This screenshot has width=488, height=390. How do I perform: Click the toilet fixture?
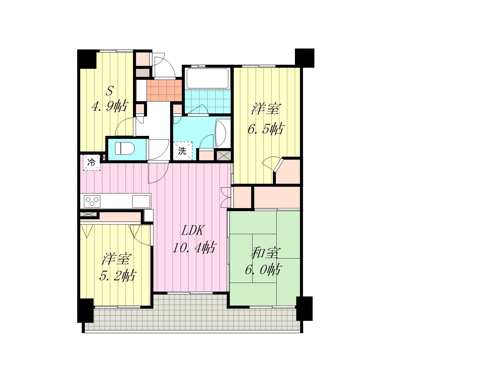[125, 148]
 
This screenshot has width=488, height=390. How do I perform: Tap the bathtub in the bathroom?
[207, 78]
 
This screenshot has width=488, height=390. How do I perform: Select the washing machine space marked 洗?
[183, 151]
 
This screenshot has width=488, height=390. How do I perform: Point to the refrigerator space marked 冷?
[91, 162]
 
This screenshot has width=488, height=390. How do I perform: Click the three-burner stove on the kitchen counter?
[92, 201]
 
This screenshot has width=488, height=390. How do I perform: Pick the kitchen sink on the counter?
[141, 201]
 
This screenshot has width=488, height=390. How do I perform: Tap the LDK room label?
[193, 231]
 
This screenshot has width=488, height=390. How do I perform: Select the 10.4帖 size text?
[194, 248]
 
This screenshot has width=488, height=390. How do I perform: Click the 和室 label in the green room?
[266, 253]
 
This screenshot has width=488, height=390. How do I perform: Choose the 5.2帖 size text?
[118, 276]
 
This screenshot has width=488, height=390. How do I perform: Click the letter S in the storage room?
[109, 91]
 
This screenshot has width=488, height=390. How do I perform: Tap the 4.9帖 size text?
[110, 106]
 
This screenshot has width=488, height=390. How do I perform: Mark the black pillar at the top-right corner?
[305, 58]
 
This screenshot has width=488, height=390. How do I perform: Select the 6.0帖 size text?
[263, 270]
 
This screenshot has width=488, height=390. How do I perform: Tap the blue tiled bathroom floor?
[207, 101]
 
